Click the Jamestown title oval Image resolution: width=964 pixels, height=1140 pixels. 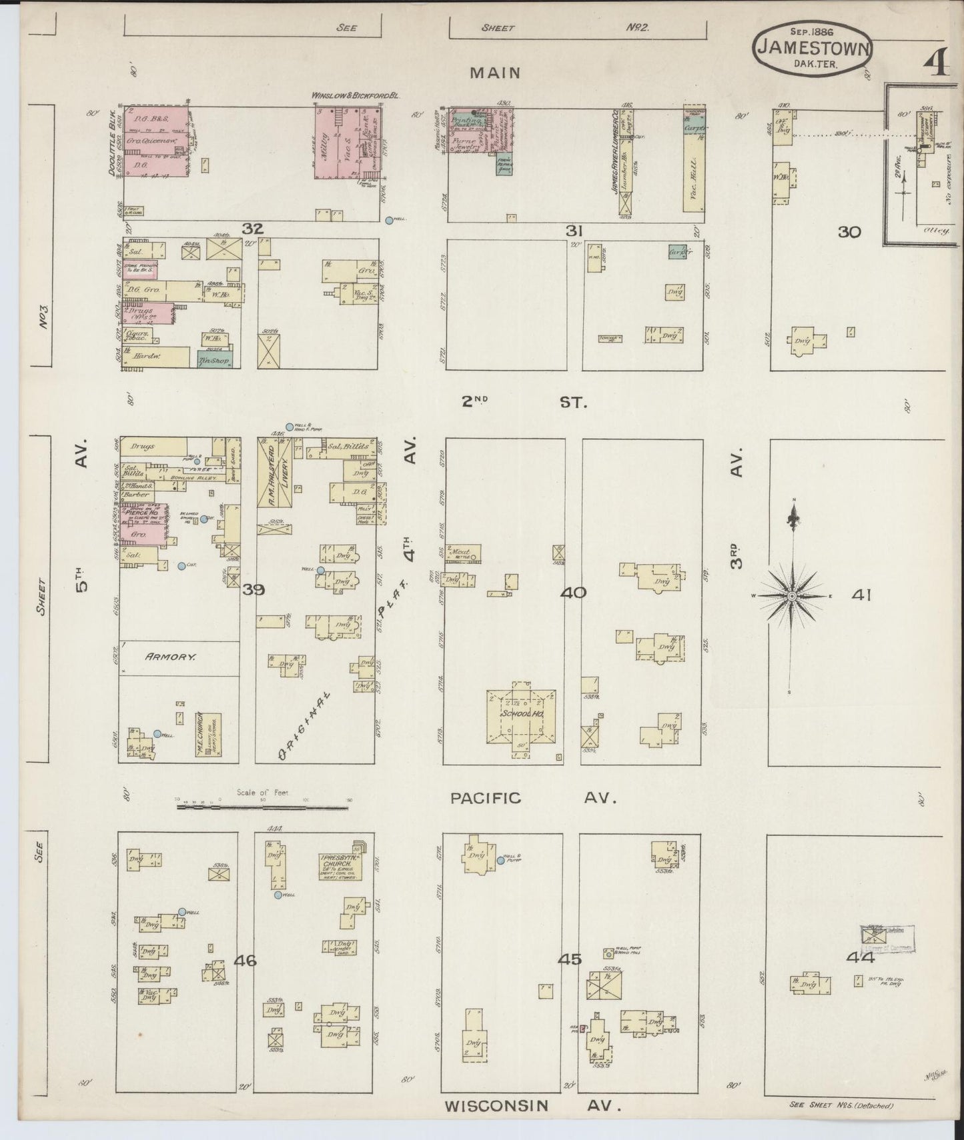tap(813, 49)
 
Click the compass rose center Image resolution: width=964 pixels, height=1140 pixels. tap(791, 595)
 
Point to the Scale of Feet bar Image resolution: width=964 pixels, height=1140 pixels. tap(263, 807)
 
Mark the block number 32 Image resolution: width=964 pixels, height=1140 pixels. tap(252, 229)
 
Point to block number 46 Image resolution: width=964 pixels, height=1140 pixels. tap(246, 960)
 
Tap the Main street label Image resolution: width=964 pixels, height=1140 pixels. tap(495, 73)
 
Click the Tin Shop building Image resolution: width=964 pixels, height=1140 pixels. tap(213, 361)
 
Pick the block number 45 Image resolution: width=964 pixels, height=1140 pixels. tap(570, 959)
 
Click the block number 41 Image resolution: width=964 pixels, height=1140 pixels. tap(861, 595)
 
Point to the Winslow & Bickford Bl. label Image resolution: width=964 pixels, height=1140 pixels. tap(355, 96)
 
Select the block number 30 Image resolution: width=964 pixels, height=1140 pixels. tap(850, 232)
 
